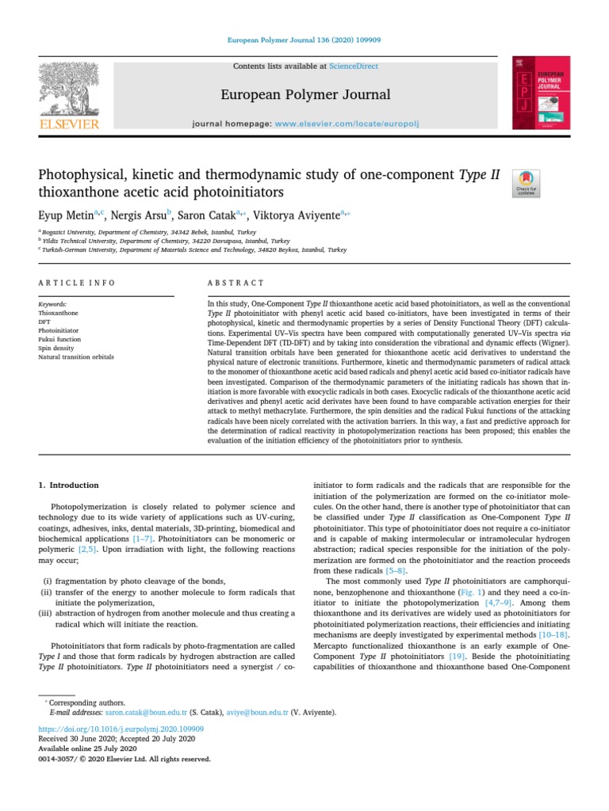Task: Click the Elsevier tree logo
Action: [70, 92]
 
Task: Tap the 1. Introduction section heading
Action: [69, 485]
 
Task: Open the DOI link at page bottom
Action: [121, 728]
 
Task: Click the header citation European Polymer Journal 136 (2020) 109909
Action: [304, 38]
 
